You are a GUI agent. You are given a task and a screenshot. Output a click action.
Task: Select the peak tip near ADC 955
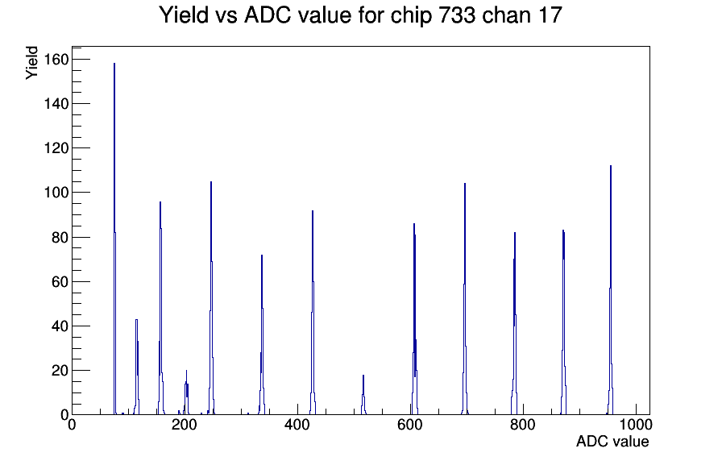(611, 165)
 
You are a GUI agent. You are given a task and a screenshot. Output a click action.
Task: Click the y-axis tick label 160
(56, 60)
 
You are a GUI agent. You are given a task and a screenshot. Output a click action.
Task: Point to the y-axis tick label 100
(56, 193)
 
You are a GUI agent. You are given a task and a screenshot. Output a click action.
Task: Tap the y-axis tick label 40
(60, 326)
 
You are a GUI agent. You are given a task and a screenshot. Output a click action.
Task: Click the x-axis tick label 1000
(636, 424)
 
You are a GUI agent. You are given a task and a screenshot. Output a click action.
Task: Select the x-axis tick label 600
(410, 424)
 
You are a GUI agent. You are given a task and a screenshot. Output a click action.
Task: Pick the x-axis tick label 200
(185, 424)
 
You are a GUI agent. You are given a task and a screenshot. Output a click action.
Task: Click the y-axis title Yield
(31, 63)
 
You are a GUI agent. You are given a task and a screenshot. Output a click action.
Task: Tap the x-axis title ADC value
(612, 441)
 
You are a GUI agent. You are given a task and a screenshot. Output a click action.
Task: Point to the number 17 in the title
(550, 15)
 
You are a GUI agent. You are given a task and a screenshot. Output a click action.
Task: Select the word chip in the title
(412, 15)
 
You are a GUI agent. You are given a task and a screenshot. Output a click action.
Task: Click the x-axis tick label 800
(523, 424)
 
